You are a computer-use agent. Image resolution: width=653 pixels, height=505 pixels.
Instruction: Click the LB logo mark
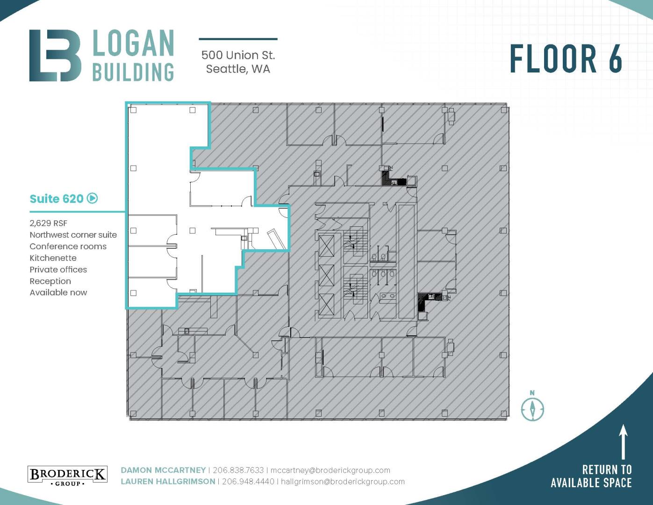(x=55, y=55)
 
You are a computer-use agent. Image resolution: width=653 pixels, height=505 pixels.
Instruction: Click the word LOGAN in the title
(x=133, y=43)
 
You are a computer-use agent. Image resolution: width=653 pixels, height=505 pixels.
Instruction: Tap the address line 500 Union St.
(x=238, y=55)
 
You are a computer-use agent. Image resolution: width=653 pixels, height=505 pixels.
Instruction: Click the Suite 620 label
(x=56, y=199)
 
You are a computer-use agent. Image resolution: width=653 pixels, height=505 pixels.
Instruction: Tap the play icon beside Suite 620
(x=92, y=198)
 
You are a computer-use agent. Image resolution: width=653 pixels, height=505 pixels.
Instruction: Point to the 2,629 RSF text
(x=49, y=223)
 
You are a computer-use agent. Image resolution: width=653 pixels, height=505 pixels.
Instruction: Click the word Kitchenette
(x=53, y=258)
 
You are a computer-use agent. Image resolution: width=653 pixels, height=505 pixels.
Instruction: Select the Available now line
(x=58, y=293)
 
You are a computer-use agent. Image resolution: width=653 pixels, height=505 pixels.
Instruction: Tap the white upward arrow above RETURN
(x=623, y=441)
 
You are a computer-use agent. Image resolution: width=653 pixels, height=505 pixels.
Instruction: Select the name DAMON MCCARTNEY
(x=163, y=470)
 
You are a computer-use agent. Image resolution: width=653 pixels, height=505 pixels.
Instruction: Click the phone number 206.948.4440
(x=248, y=482)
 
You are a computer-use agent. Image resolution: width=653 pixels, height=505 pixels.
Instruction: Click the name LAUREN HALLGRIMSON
(x=168, y=482)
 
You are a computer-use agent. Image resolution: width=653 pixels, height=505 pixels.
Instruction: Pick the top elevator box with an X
(x=326, y=245)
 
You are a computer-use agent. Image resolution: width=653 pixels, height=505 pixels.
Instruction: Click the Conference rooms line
(x=68, y=246)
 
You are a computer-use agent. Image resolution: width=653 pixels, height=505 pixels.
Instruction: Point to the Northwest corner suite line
(x=73, y=235)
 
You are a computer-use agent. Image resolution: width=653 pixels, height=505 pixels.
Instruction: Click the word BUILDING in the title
(x=133, y=72)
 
